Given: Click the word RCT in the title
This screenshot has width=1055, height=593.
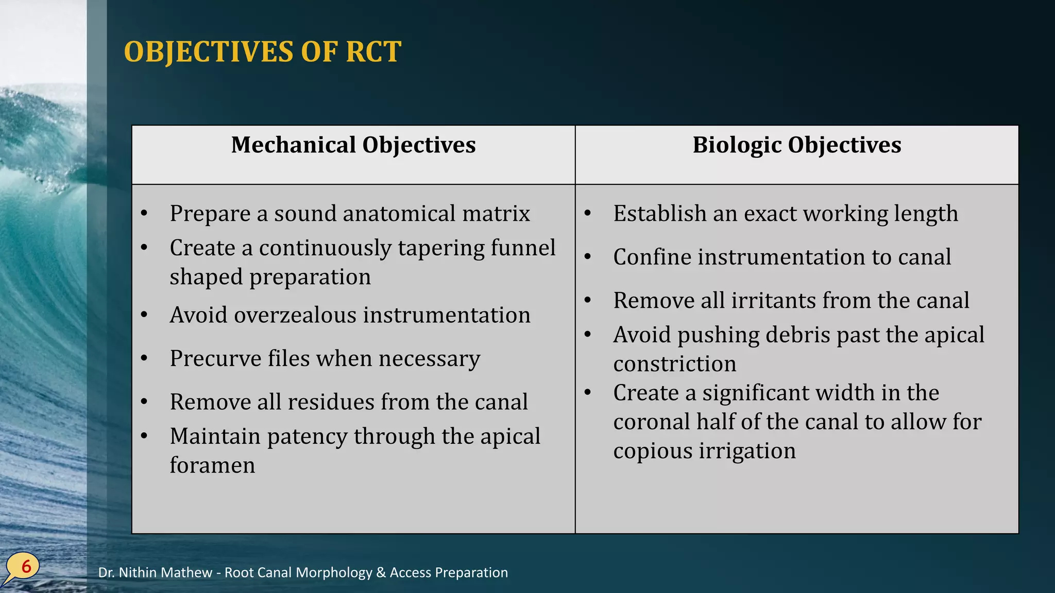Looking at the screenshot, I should coord(373,52).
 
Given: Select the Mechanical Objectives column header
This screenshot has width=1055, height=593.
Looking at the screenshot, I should coord(353,145).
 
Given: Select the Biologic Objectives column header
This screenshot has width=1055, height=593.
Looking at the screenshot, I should coord(796,145).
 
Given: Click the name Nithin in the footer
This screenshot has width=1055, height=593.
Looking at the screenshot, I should coord(140,572).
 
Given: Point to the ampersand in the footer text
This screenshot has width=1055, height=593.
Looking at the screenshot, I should coord(381,572).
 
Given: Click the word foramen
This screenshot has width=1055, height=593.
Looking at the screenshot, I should coord(212,465).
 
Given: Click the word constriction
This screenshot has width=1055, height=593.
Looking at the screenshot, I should coord(674,364).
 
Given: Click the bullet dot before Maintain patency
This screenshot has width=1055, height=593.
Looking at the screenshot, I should coord(144,436).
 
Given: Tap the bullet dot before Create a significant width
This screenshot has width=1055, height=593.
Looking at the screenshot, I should coord(588,393).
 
